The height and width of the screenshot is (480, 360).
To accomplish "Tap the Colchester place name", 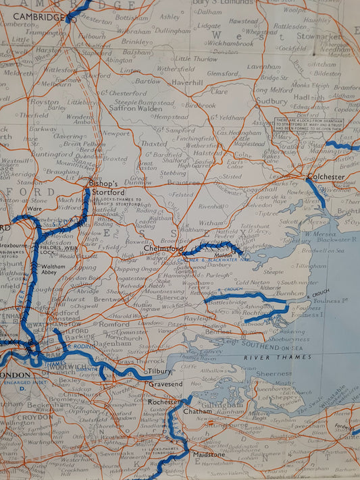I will click(326, 177).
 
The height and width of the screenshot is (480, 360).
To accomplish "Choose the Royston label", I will click(45, 103).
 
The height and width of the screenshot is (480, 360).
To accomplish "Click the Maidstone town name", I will click(210, 455).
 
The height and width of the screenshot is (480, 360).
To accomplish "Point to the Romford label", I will click(114, 324).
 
